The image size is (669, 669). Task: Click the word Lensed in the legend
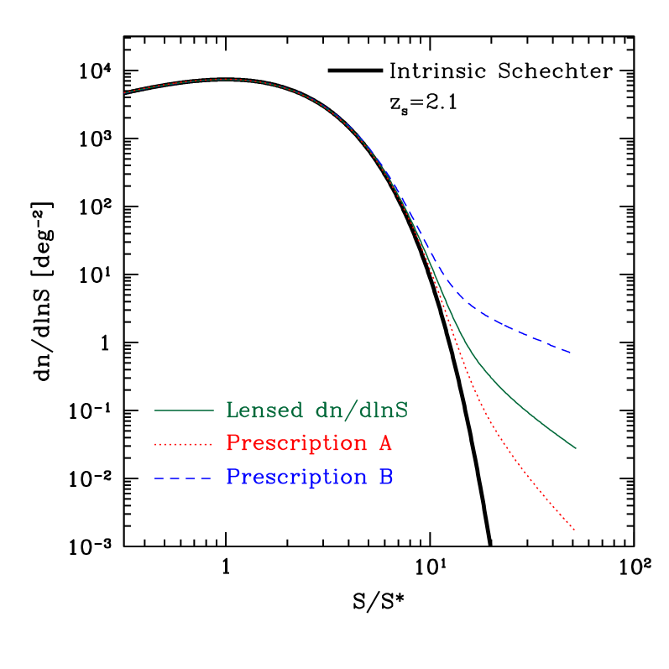click(264, 410)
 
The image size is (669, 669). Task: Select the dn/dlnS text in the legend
click(362, 410)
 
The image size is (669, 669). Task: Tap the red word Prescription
click(296, 443)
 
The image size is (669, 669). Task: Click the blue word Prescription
click(296, 478)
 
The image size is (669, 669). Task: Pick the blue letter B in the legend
click(385, 478)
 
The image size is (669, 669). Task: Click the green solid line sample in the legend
click(184, 410)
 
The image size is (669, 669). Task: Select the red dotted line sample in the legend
click(184, 443)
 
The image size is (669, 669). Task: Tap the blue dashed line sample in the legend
click(184, 478)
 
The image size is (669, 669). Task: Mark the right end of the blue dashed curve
click(572, 353)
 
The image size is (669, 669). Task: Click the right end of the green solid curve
click(576, 448)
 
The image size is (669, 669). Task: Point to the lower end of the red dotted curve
click(574, 530)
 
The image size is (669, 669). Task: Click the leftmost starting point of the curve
click(125, 92)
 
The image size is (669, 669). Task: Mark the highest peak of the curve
click(225, 79)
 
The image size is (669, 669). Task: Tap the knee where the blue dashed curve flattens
click(470, 306)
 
